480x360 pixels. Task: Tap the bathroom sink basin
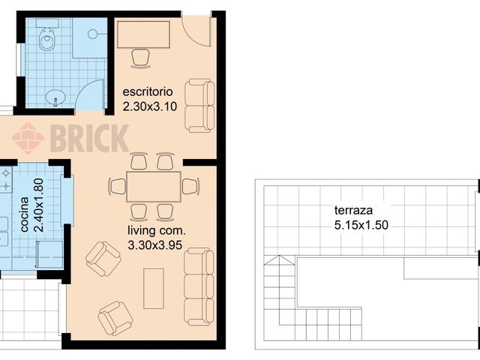click(x=55, y=97)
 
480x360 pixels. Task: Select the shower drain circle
click(x=93, y=34)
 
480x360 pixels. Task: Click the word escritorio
click(x=148, y=91)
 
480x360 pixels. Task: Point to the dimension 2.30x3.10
click(x=150, y=106)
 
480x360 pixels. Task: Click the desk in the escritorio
click(x=143, y=34)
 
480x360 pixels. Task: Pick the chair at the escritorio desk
click(x=140, y=58)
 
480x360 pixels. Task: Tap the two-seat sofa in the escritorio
click(x=200, y=106)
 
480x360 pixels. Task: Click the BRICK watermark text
click(x=90, y=138)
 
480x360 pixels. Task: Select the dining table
click(x=154, y=187)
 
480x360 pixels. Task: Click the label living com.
click(x=157, y=231)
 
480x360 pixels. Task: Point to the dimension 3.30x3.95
click(x=155, y=245)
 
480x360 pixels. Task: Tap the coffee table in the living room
click(x=154, y=288)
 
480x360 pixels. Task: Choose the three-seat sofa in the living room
click(x=199, y=286)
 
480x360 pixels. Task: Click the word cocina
click(x=25, y=214)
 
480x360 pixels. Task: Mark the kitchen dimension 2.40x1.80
click(x=40, y=205)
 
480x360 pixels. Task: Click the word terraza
click(x=353, y=210)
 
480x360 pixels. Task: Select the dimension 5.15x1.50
click(x=361, y=225)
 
